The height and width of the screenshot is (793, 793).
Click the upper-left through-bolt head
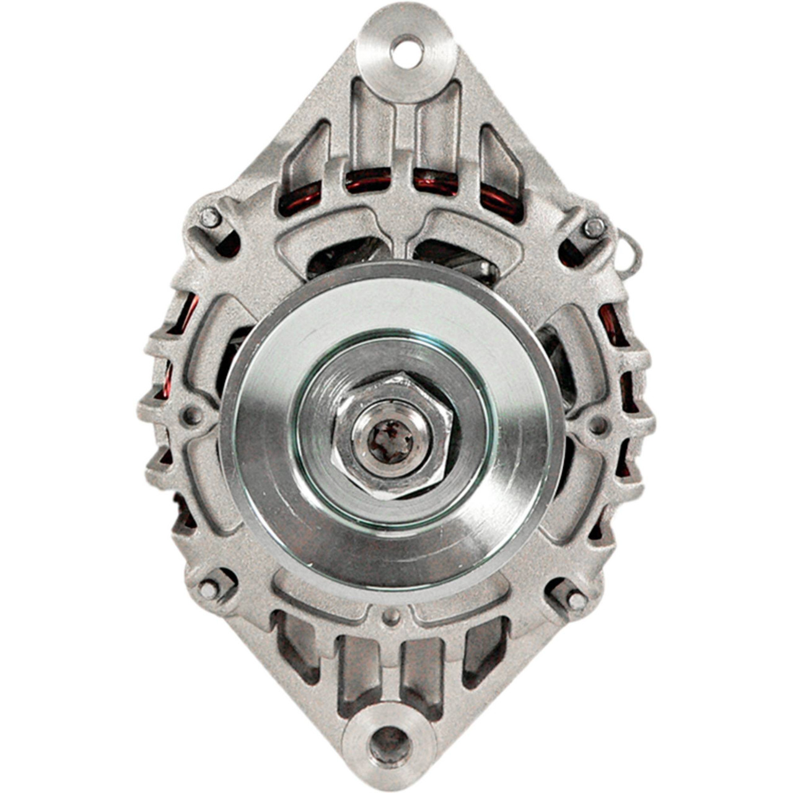[x=211, y=217]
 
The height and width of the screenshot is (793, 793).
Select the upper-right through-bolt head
[x=594, y=228]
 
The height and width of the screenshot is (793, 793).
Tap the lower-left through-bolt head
[x=209, y=589]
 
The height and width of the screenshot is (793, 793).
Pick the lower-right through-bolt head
[x=576, y=600]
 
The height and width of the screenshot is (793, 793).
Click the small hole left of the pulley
[x=193, y=414]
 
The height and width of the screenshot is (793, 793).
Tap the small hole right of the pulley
[x=598, y=425]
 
